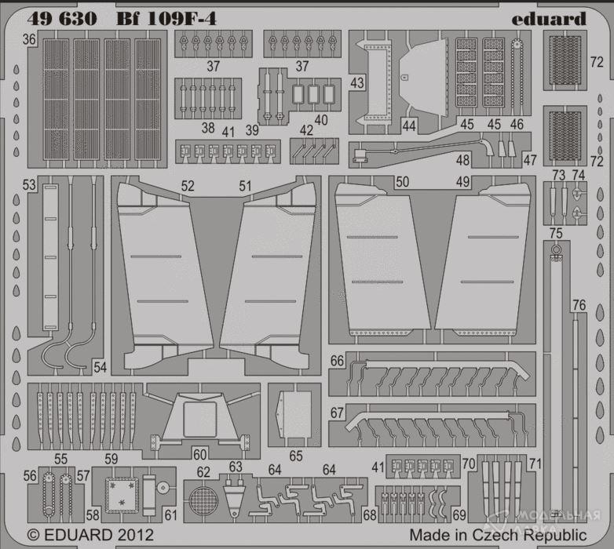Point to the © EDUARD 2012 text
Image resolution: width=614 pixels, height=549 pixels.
[87, 534]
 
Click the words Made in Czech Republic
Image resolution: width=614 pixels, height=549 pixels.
[498, 534]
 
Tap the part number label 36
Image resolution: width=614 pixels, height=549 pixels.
[29, 39]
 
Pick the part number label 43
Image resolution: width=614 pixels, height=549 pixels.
[357, 82]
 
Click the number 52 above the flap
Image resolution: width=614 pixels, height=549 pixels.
[188, 187]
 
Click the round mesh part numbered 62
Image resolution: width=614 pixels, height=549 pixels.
[203, 499]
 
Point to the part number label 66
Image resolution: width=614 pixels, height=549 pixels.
[338, 362]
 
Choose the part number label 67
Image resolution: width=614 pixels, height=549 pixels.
[338, 413]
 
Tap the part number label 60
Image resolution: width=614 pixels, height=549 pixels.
[199, 454]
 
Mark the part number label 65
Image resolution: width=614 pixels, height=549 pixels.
[295, 455]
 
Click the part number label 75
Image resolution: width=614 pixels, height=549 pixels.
[556, 233]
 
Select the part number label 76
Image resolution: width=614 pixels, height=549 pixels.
[579, 305]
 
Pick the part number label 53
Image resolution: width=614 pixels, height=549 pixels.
[29, 185]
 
